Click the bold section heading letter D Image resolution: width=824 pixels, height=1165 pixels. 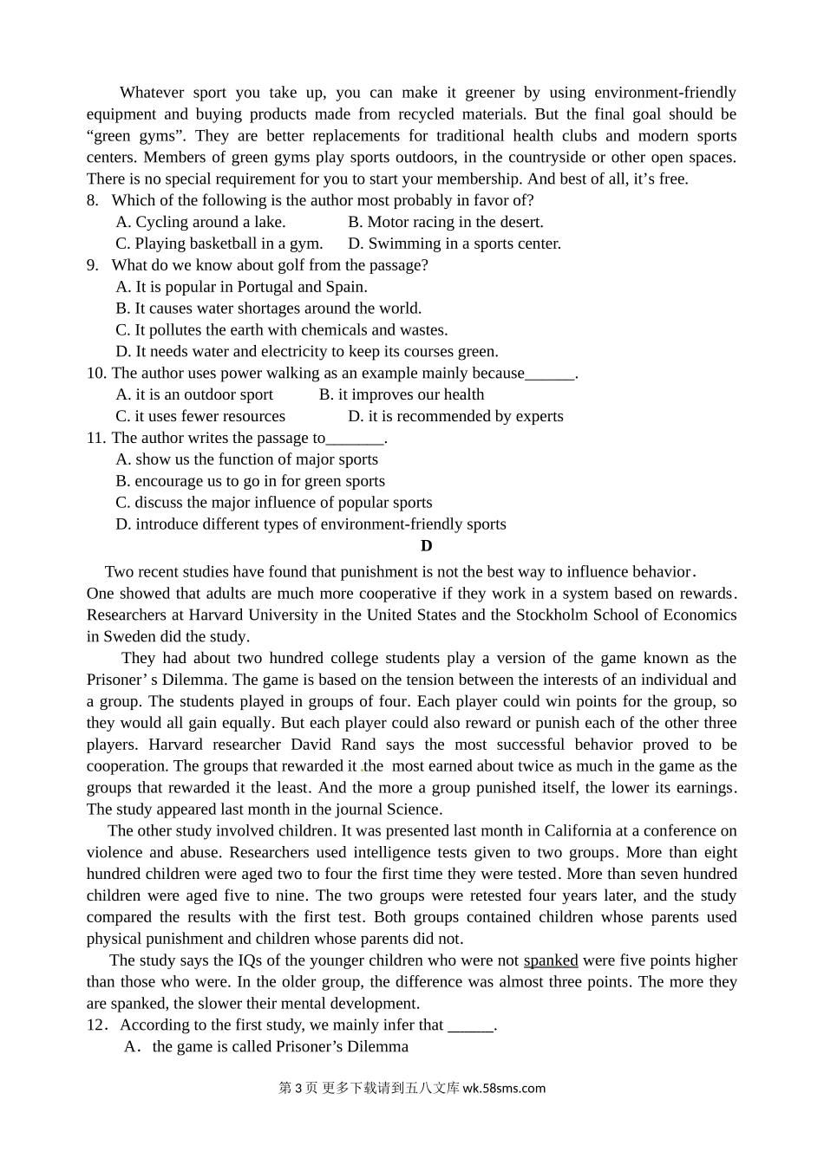point(426,546)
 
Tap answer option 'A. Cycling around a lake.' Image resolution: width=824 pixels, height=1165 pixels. point(200,223)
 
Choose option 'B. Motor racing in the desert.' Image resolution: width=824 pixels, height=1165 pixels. point(446,223)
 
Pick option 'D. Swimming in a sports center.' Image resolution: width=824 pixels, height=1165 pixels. point(455,244)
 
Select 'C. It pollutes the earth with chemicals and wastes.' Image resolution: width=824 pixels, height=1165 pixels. point(282,330)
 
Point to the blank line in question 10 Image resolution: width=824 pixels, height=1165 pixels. point(550,374)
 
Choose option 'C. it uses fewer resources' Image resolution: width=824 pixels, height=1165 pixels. point(200,417)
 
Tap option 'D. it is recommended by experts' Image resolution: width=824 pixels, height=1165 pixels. point(455,417)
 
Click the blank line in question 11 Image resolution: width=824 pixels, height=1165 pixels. point(355,439)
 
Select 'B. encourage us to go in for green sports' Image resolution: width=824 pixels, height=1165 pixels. point(250,482)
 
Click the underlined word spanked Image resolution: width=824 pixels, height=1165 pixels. point(551,960)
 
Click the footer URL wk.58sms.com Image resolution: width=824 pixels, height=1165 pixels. point(505,1089)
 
